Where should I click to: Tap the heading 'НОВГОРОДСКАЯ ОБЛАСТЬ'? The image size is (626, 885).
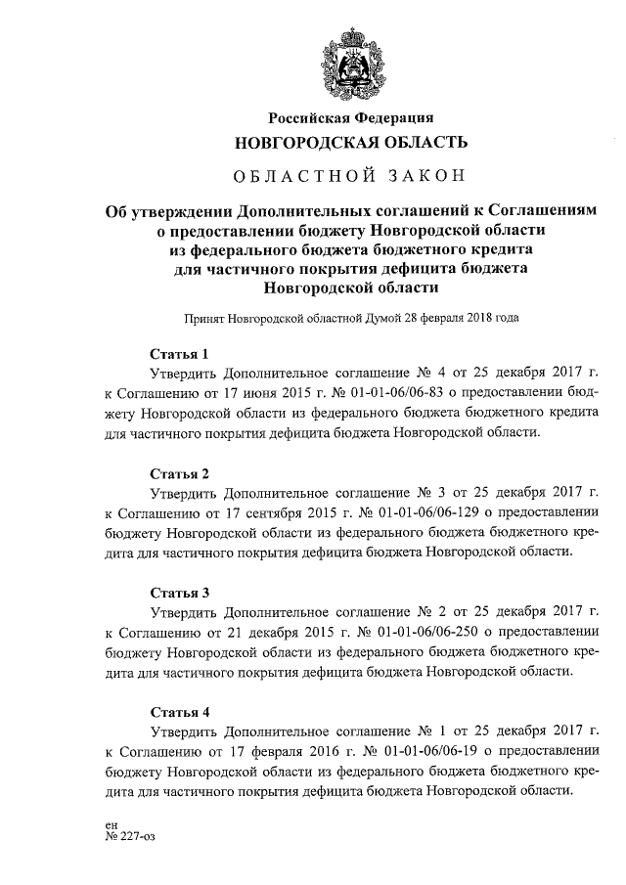point(350,143)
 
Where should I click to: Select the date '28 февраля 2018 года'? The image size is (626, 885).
point(456,318)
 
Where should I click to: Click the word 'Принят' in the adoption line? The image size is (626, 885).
point(203,318)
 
